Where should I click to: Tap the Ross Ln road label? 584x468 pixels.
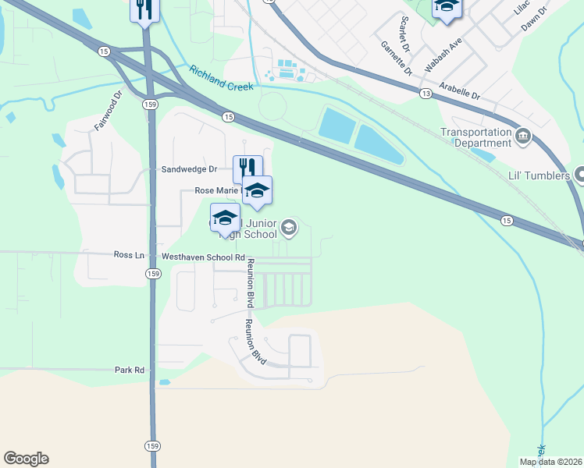(129, 255)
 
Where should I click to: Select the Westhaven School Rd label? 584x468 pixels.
(203, 257)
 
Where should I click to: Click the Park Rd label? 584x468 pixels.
(130, 370)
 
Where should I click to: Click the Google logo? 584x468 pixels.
(26, 459)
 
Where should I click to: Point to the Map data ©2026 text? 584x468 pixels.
(550, 462)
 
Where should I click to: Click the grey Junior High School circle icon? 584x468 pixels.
(289, 227)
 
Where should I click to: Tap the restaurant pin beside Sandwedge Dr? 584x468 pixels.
(247, 168)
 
